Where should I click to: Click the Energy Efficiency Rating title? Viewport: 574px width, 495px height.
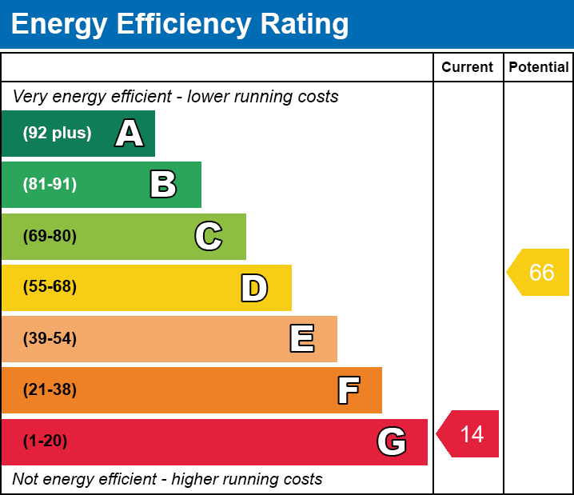click(180, 25)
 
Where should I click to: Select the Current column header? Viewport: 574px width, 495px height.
click(468, 68)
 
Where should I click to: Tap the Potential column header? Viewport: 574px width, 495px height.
click(539, 68)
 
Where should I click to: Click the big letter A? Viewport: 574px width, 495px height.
click(130, 134)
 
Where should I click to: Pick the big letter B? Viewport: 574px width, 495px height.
click(163, 185)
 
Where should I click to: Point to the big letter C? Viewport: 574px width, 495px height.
click(209, 236)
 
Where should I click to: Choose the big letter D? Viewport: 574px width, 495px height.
click(254, 288)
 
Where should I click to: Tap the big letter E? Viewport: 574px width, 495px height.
click(301, 339)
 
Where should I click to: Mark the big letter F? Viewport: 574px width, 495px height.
click(348, 390)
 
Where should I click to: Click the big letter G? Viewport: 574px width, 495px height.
click(392, 441)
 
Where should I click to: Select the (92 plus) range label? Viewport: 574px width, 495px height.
click(57, 134)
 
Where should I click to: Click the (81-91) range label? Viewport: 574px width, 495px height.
click(50, 185)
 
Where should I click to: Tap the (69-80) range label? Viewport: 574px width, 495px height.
click(50, 236)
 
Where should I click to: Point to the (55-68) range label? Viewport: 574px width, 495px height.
click(50, 287)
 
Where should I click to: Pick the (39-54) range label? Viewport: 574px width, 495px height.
click(50, 339)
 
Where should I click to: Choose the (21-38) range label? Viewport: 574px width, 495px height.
click(50, 390)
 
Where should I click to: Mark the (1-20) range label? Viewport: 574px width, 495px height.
click(46, 441)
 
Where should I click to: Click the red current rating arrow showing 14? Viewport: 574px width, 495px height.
click(469, 434)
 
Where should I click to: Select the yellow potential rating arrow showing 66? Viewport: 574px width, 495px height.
click(540, 273)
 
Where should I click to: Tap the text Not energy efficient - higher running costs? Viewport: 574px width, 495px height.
click(167, 480)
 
